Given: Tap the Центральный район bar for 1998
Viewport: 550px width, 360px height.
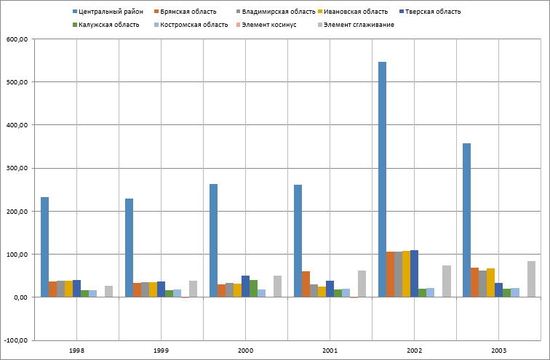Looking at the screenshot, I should click(x=44, y=247).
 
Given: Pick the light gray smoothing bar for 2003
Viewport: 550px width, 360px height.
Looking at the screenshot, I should click(x=531, y=279).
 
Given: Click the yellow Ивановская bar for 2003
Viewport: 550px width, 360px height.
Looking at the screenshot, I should click(x=491, y=282).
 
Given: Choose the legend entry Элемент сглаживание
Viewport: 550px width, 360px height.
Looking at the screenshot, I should click(x=357, y=25).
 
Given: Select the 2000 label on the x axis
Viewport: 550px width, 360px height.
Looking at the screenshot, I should click(x=245, y=351).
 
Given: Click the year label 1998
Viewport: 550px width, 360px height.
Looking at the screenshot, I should click(x=76, y=351).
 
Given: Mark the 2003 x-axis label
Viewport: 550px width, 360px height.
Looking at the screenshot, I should click(x=498, y=351).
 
